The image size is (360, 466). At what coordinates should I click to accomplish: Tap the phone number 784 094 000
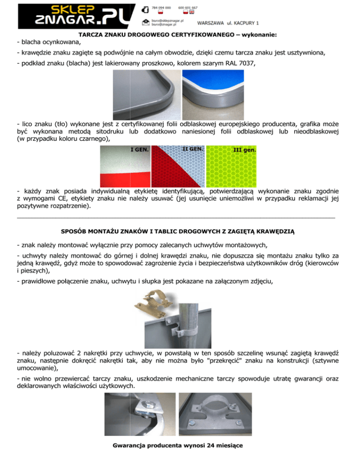[x=161, y=8]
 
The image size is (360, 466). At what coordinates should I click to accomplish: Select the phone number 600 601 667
[x=188, y=8]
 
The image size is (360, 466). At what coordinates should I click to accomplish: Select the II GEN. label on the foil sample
[x=193, y=149]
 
